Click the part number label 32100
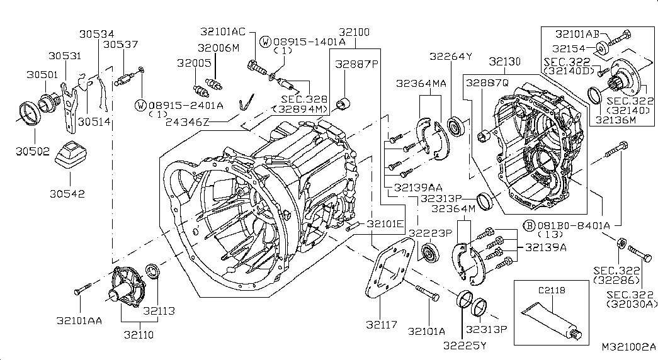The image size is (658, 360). click(354, 32)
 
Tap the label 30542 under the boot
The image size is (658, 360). click(67, 194)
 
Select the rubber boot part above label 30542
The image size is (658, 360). click(71, 155)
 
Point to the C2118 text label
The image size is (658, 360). click(552, 290)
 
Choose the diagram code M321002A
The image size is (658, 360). click(628, 347)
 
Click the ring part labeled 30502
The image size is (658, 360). click(30, 113)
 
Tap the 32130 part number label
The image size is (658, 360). click(504, 62)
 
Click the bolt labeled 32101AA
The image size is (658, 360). click(82, 289)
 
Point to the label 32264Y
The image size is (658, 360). click(451, 56)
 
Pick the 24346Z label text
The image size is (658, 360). click(187, 122)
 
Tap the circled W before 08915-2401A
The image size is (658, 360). click(140, 105)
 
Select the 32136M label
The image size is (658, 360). click(616, 120)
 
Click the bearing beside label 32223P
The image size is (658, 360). click(429, 252)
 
